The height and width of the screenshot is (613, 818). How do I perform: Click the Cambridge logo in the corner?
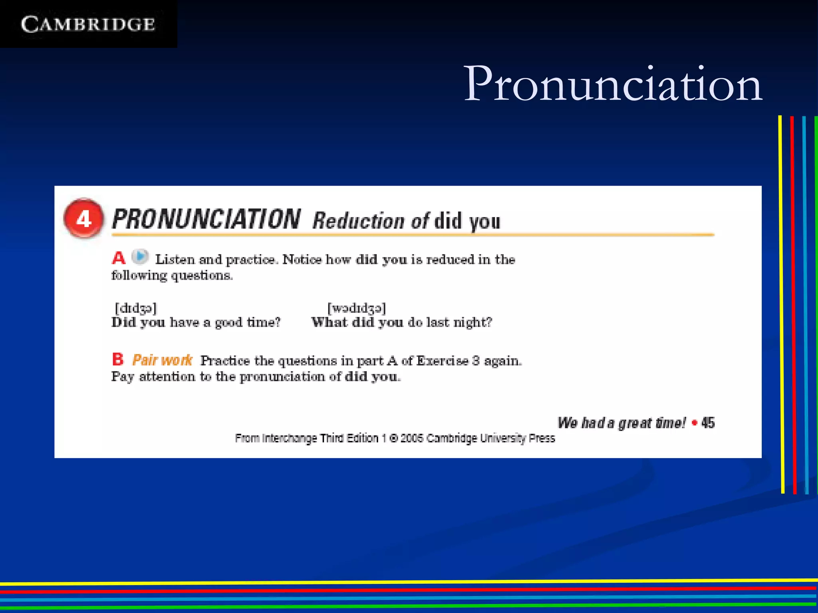tap(88, 24)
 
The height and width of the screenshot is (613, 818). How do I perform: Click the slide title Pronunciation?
tap(613, 84)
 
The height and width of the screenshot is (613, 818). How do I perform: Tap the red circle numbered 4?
tap(84, 219)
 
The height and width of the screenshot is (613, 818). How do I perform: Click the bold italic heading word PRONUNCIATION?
tap(206, 219)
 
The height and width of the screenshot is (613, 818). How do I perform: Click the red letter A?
tap(118, 258)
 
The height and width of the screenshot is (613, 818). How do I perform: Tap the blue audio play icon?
tap(140, 257)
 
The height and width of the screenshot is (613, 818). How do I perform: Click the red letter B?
tap(118, 359)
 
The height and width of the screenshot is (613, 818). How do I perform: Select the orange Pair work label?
tap(162, 360)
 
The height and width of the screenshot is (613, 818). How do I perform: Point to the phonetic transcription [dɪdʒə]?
tap(136, 308)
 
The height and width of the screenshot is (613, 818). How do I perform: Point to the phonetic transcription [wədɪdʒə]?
tap(357, 308)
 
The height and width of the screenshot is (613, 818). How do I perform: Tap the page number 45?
tap(708, 423)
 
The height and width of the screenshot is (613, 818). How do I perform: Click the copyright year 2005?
tap(411, 438)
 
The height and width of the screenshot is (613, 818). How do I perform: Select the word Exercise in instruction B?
tap(442, 361)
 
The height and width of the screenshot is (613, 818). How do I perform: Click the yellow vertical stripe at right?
tap(782, 303)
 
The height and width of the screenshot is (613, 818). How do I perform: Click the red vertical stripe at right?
tap(794, 303)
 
